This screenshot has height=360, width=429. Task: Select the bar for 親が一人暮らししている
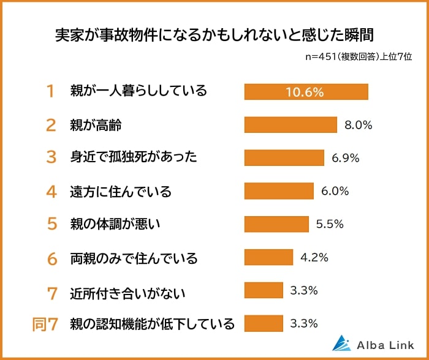(306, 91)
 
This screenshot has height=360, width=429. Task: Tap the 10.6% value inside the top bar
(305, 92)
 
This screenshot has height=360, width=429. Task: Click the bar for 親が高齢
(290, 125)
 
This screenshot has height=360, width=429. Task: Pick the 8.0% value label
(359, 125)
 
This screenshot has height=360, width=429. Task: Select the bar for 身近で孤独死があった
(284, 158)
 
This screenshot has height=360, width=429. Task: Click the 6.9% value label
(345, 158)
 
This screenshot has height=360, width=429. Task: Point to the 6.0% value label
(335, 191)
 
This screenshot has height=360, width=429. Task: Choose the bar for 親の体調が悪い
(276, 224)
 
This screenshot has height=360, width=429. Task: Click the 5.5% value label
(330, 224)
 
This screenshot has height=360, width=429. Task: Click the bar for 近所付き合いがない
(264, 290)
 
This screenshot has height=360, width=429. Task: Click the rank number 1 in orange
(51, 92)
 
